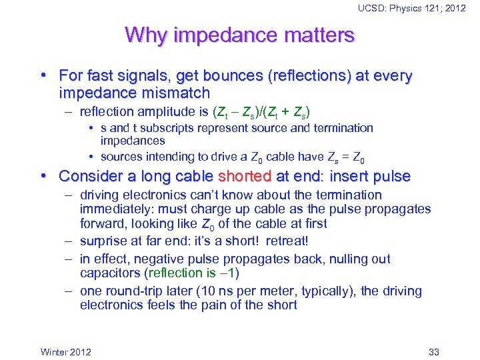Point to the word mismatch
(175, 93)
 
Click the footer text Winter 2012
(66, 351)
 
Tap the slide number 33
(434, 351)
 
